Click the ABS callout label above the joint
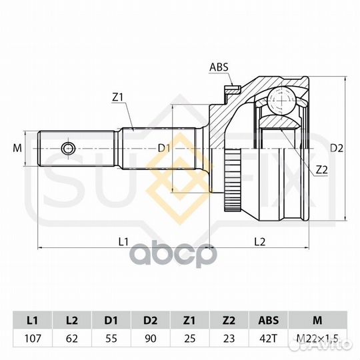click(x=219, y=67)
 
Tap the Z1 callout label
click(x=117, y=97)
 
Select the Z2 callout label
click(x=321, y=170)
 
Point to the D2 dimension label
click(x=337, y=148)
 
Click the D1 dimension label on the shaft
click(x=164, y=149)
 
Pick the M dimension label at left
click(x=17, y=148)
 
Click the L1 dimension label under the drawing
click(x=123, y=241)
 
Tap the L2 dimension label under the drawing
click(x=260, y=241)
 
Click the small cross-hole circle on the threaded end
click(x=69, y=149)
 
